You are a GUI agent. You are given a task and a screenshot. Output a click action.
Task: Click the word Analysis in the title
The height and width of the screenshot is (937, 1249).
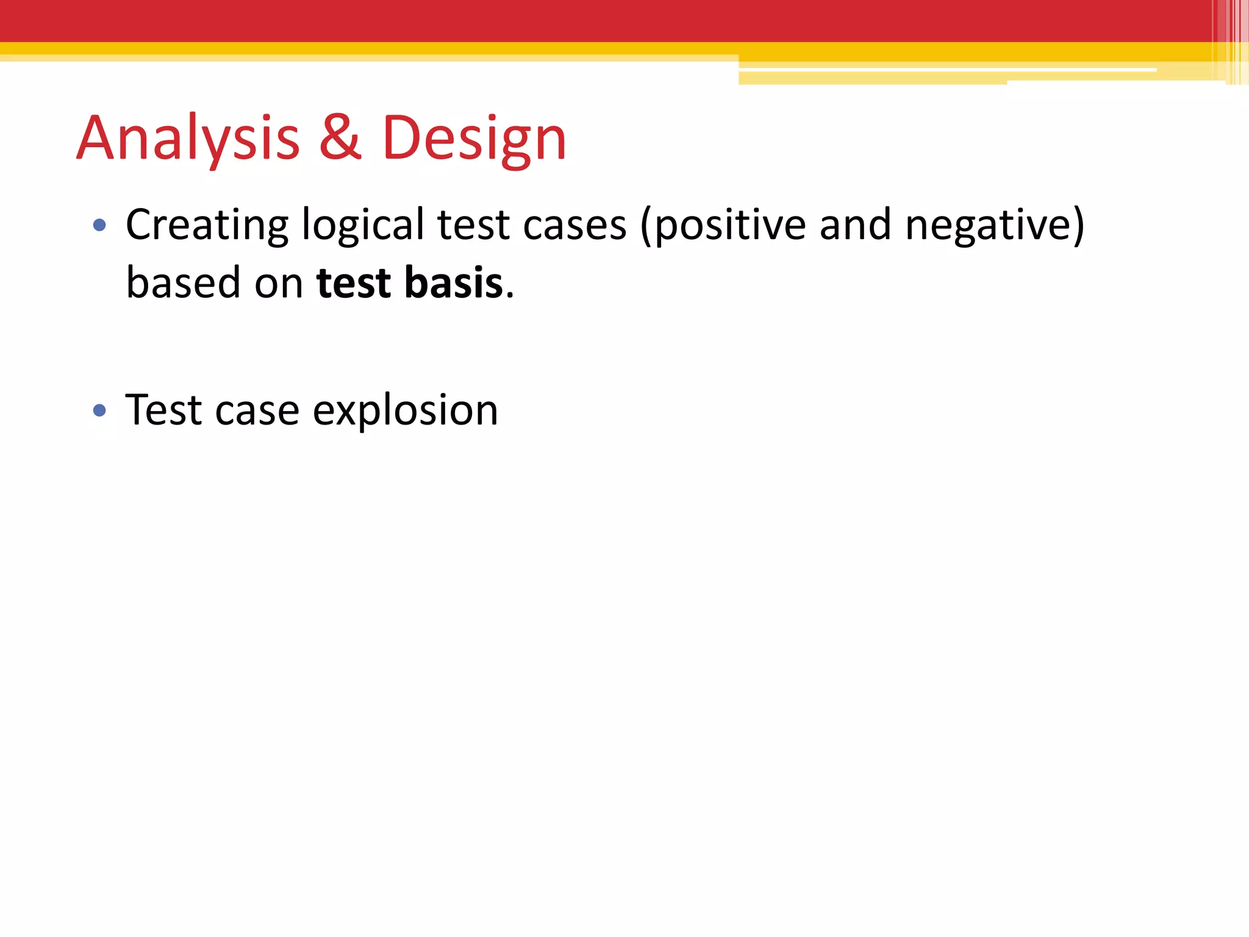(x=188, y=139)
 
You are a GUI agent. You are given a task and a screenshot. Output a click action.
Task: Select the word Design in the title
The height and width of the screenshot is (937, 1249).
(x=474, y=139)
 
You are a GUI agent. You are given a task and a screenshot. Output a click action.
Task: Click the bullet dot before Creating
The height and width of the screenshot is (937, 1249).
(x=99, y=226)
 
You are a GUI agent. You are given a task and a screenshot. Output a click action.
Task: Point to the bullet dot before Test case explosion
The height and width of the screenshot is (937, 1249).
(x=99, y=411)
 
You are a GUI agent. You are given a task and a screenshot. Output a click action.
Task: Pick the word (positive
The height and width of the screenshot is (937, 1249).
(x=723, y=226)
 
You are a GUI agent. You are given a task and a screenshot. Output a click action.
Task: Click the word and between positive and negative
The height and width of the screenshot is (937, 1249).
(x=855, y=224)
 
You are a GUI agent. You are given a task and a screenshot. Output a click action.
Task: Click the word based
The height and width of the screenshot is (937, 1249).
(x=183, y=283)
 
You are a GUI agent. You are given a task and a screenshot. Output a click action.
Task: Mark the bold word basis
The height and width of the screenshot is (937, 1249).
(x=454, y=283)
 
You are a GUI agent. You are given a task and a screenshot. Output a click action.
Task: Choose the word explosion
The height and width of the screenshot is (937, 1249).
(x=406, y=411)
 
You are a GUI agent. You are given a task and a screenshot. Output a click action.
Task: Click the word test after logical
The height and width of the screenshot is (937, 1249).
(x=473, y=226)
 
